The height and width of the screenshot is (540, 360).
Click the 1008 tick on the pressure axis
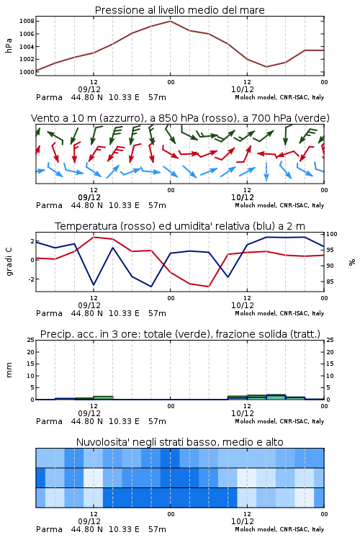click(27, 21)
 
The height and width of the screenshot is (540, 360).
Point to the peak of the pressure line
click(170, 21)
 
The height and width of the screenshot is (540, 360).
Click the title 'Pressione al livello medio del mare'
click(180, 10)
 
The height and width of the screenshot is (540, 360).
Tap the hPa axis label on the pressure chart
click(9, 46)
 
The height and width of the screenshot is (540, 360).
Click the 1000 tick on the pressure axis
click(27, 72)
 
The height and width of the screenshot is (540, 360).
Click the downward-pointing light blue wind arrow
click(266, 171)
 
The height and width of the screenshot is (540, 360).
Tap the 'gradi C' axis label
click(9, 261)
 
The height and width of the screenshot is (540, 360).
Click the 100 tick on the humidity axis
click(332, 234)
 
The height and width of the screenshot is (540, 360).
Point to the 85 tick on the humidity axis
click(330, 282)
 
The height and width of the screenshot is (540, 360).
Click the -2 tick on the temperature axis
click(31, 279)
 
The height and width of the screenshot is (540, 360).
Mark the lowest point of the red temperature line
click(208, 287)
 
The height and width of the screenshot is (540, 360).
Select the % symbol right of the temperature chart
click(352, 262)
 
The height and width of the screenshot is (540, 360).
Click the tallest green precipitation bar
click(276, 397)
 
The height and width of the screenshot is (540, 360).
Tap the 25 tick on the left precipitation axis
click(31, 340)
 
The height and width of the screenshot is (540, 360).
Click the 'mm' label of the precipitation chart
click(9, 370)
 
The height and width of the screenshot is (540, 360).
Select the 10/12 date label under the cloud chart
click(243, 521)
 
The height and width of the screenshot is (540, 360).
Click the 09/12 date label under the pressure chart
click(89, 89)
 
